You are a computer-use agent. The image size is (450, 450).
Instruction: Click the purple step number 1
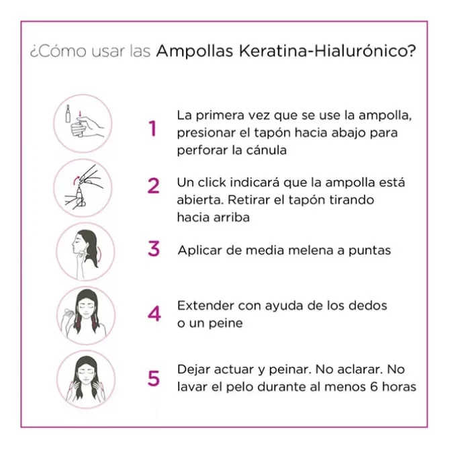pos(153,129)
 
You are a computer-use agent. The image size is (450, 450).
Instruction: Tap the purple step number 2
pos(154,185)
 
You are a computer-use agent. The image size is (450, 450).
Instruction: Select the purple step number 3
pos(154,249)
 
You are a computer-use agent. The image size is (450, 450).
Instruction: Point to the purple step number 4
pos(154,313)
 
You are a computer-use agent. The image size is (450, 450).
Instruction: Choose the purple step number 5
pos(154,378)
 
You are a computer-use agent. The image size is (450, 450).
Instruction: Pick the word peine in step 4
pos(228,323)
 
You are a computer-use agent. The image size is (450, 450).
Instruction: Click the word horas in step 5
pos(400,387)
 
